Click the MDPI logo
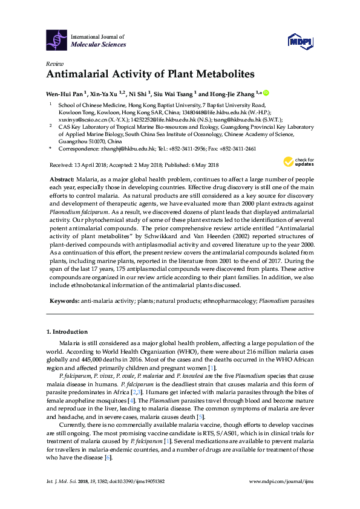[x=300, y=41]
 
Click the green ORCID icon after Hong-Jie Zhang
[x=264, y=93]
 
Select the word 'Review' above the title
[x=54, y=63]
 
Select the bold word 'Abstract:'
[x=61, y=180]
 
